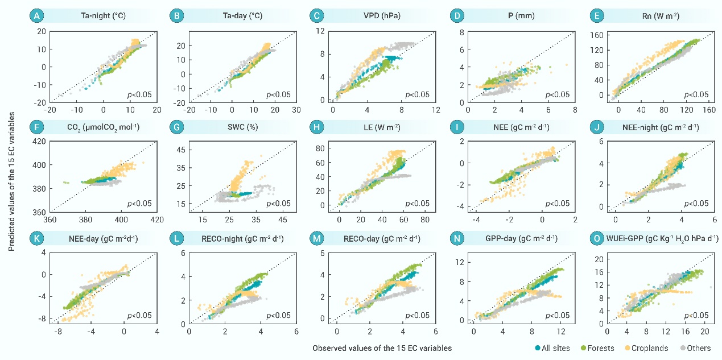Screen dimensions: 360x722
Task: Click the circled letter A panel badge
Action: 35,16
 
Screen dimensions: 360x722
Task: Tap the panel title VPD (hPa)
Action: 386,16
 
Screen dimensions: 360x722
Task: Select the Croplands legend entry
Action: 645,348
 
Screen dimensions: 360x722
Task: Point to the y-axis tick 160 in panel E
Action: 600,34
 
